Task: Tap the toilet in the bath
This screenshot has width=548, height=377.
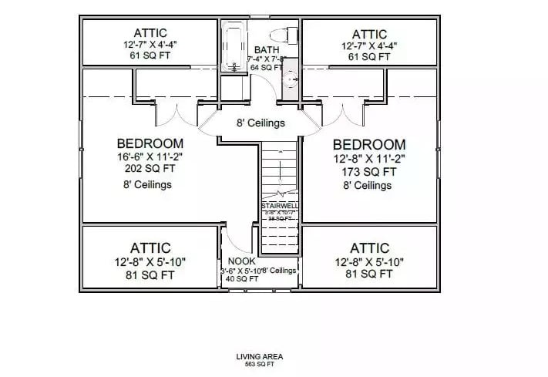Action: point(289,35)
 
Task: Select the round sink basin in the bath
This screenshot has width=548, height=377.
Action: point(291,79)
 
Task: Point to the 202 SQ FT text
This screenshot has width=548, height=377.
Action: point(150,170)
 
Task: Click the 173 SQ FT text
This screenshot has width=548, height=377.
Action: point(368,171)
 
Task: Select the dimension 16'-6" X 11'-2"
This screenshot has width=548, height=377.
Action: point(150,157)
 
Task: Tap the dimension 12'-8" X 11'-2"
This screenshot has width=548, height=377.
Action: point(368,158)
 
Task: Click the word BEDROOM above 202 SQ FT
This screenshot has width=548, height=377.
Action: point(150,143)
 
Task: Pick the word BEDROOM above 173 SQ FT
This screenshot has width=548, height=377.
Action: point(368,144)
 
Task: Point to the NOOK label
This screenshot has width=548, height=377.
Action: point(236,261)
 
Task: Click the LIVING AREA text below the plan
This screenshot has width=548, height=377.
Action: point(260,356)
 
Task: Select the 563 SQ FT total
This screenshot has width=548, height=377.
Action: point(260,364)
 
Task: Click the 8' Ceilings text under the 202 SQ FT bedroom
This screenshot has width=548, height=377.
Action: point(146,185)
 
